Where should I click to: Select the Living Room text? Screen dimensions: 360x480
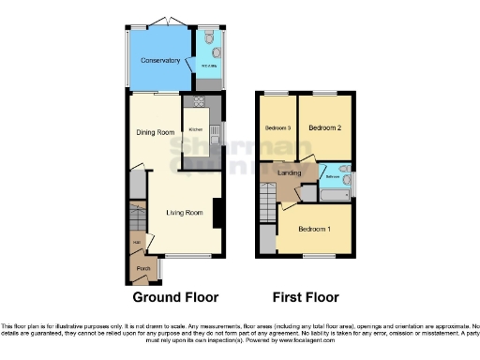(x=185, y=213)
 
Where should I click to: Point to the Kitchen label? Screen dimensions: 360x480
(x=197, y=129)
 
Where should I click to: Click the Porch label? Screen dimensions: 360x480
(x=143, y=268)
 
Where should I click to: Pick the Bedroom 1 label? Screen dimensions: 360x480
(x=314, y=229)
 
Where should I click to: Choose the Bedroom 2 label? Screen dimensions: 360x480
(x=324, y=127)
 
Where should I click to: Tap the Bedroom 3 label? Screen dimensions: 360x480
(x=277, y=127)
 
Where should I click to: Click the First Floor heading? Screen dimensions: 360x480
(x=306, y=297)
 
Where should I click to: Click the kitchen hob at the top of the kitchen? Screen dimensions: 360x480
(x=199, y=101)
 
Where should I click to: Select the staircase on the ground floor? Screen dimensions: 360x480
(x=137, y=221)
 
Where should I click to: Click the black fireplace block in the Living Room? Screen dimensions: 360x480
(x=217, y=214)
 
